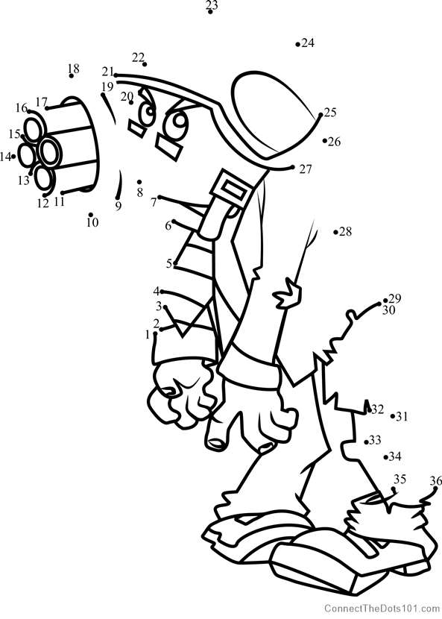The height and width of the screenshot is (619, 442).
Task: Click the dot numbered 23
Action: click(x=210, y=12)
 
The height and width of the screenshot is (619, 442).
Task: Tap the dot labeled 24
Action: click(x=297, y=45)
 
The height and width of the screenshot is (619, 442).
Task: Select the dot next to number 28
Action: click(x=335, y=233)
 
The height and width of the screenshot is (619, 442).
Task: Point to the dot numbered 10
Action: click(x=90, y=215)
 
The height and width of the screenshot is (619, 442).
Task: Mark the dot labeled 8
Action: click(x=139, y=182)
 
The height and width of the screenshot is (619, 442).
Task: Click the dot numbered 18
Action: click(x=72, y=76)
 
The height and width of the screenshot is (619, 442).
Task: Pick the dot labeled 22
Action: click(x=145, y=64)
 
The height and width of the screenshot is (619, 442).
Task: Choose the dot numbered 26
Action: click(x=325, y=140)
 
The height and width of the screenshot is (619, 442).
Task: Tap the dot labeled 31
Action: click(x=393, y=416)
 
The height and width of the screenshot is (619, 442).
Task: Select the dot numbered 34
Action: click(x=385, y=457)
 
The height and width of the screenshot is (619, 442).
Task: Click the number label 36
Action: click(x=436, y=481)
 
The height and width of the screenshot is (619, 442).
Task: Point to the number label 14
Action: click(x=5, y=157)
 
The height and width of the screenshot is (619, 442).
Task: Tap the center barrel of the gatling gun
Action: click(x=49, y=151)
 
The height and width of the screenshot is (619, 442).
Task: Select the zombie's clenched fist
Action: click(x=179, y=394)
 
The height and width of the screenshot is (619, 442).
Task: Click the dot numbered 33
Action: click(x=366, y=442)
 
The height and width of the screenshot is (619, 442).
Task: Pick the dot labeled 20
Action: click(x=131, y=103)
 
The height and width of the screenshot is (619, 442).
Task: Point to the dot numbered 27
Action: click(x=292, y=167)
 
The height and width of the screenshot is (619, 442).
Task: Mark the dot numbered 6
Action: click(x=174, y=221)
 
